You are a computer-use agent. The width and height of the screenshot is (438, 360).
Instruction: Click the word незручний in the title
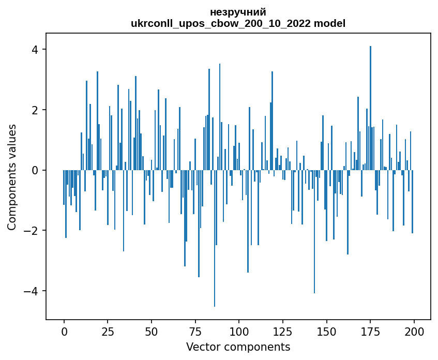(x=238, y=12)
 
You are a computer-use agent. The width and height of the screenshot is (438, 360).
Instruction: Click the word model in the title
(x=329, y=23)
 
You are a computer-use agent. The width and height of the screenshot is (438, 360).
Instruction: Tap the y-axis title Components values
(x=12, y=177)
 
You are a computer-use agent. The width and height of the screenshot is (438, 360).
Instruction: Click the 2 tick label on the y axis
(x=35, y=110)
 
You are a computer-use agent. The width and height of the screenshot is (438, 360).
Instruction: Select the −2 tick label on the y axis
(x=31, y=231)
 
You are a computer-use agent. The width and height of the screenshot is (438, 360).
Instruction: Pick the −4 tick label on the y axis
(x=31, y=291)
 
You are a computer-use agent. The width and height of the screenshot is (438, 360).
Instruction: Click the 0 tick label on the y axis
(x=35, y=170)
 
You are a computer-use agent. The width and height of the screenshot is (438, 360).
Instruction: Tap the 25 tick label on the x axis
(x=108, y=332)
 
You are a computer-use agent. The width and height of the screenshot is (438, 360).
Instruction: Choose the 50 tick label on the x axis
(x=152, y=332)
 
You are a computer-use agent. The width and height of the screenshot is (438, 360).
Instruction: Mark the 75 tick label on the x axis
(x=195, y=332)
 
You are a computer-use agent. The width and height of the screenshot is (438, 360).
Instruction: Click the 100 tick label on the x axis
(x=239, y=332)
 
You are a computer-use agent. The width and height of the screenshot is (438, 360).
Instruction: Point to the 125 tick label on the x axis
(x=283, y=332)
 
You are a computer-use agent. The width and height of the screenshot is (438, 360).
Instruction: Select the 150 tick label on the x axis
(x=326, y=332)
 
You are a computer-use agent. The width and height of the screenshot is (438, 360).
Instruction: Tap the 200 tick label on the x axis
(x=414, y=332)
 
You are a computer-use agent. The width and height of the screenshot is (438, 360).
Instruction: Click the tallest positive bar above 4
(x=370, y=108)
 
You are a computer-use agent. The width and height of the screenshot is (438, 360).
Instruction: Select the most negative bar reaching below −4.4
(x=215, y=238)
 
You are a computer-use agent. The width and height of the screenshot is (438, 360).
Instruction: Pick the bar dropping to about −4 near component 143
(x=314, y=231)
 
